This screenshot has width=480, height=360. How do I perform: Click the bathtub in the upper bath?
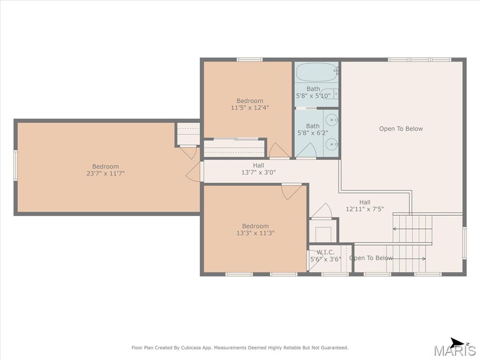pyautogui.click(x=317, y=72)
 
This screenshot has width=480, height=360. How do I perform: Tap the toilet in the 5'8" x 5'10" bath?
pyautogui.click(x=330, y=93)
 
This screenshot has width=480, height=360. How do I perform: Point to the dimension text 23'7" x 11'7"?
pyautogui.click(x=105, y=173)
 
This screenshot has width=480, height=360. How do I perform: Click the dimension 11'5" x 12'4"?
pyautogui.click(x=250, y=107)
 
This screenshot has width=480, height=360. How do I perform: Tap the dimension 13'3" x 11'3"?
pyautogui.click(x=255, y=233)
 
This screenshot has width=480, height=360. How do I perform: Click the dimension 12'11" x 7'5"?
pyautogui.click(x=365, y=209)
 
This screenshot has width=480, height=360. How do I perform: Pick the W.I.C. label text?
pyautogui.click(x=325, y=252)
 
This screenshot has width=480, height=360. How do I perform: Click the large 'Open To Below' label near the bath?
pyautogui.click(x=401, y=128)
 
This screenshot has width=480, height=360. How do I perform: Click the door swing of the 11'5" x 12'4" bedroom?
pyautogui.click(x=279, y=150)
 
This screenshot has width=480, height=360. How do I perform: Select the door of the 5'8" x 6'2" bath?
pyautogui.click(x=306, y=150)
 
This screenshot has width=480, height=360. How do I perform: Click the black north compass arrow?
pyautogui.click(x=457, y=343)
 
